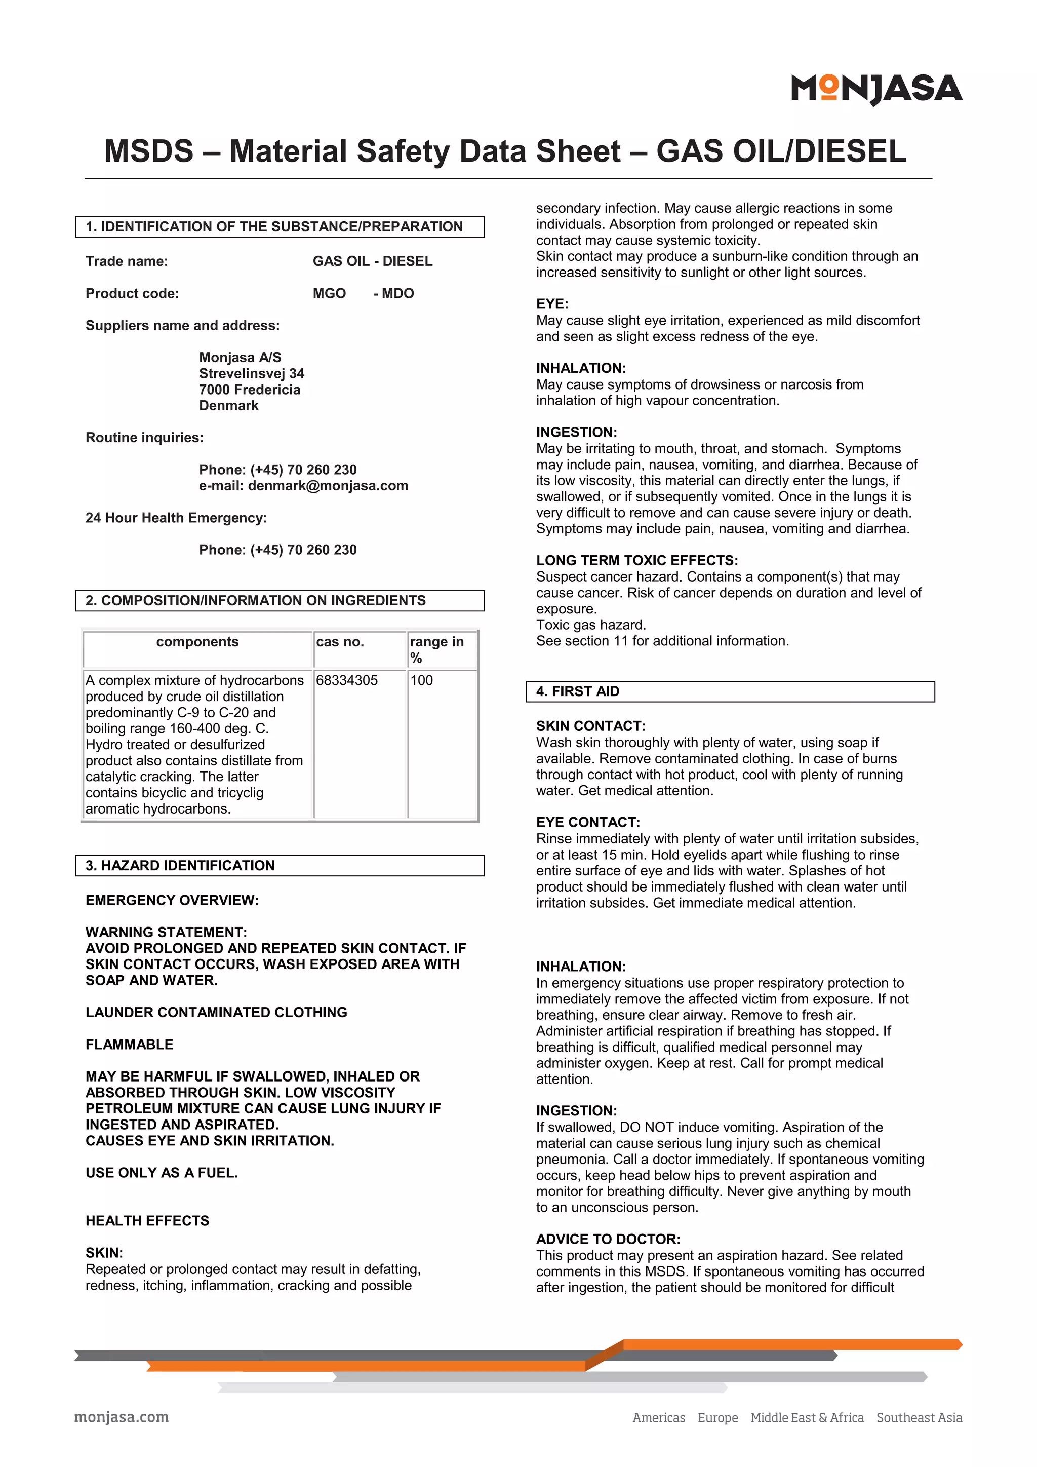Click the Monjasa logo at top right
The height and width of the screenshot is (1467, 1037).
[x=876, y=89]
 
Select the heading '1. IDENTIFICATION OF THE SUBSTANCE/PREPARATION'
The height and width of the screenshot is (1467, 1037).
[x=274, y=227]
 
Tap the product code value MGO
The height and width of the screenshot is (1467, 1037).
[x=329, y=293]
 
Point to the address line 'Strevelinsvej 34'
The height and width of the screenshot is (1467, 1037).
[x=252, y=373]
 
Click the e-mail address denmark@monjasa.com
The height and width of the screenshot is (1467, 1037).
[x=328, y=486]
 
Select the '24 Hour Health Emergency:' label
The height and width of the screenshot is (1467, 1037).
[x=176, y=518]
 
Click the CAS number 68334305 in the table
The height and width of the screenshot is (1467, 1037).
[x=347, y=680]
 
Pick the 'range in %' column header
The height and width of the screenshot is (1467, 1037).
[x=437, y=649]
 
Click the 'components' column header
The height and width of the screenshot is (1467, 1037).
[x=197, y=642]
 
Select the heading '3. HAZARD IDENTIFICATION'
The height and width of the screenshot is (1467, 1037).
[x=180, y=866]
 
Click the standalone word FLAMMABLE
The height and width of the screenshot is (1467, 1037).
[x=130, y=1045]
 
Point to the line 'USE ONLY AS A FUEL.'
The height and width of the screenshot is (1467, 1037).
[x=162, y=1173]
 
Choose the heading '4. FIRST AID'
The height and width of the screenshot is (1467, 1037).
[x=577, y=691]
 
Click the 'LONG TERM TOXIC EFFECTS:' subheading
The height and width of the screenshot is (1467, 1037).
[x=636, y=560]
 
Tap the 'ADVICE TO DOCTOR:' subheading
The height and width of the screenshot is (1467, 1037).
[x=608, y=1239]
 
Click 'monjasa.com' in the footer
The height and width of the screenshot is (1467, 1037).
[x=122, y=1417]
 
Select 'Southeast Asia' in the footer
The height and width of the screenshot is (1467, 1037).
[x=919, y=1418]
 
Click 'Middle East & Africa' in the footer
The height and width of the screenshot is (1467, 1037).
[x=807, y=1418]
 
